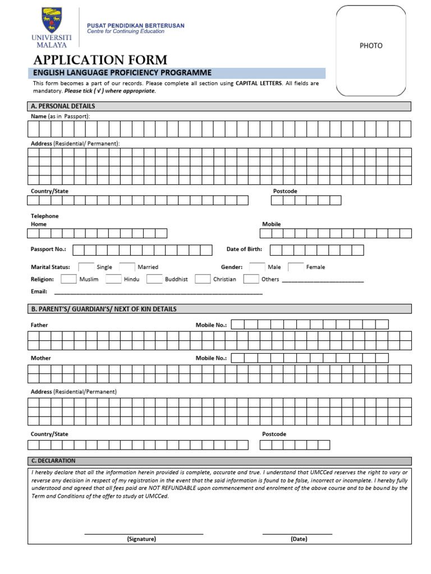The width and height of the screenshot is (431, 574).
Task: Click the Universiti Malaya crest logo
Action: (x=52, y=20)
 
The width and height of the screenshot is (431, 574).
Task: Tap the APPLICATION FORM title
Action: (x=100, y=60)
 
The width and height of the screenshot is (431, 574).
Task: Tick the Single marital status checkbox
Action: (x=86, y=267)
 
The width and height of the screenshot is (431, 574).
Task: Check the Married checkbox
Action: (x=127, y=267)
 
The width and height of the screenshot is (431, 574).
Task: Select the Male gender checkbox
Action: (x=257, y=267)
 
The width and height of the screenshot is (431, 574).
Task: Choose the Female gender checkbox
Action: (x=296, y=267)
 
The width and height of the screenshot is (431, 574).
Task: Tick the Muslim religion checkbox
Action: (x=68, y=279)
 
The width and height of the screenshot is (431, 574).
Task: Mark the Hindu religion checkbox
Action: (x=113, y=279)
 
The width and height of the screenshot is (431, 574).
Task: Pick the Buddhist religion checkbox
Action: (x=154, y=279)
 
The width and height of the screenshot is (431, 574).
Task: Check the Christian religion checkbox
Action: (x=203, y=279)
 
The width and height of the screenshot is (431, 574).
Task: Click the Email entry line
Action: (x=158, y=292)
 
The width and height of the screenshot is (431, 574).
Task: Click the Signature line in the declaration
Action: (x=144, y=533)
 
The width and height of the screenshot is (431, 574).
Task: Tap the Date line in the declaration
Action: (x=297, y=533)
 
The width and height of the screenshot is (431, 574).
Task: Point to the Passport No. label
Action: (x=48, y=249)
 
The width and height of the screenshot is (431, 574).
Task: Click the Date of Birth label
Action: (x=244, y=249)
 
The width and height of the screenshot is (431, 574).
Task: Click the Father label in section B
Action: (x=39, y=325)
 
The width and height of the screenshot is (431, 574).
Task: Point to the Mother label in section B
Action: (x=40, y=358)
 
